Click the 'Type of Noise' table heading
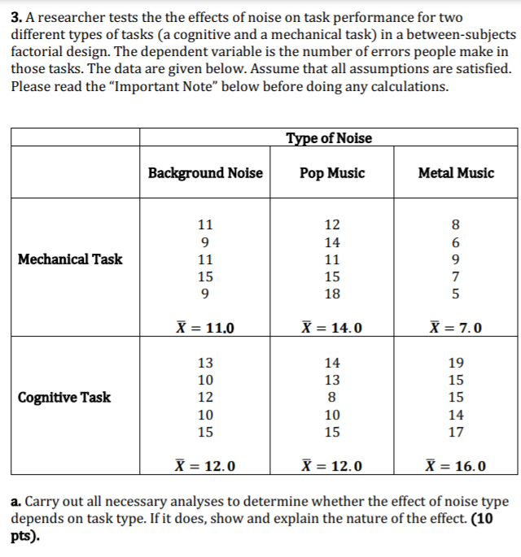tap(329, 138)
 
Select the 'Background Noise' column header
tap(205, 172)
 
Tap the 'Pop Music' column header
tap(332, 172)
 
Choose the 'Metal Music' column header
tap(455, 172)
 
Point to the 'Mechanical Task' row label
tap(70, 259)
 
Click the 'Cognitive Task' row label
tap(65, 398)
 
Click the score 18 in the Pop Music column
tap(332, 294)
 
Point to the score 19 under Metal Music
tap(456, 363)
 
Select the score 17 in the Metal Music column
tap(456, 432)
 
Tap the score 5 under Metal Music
tap(456, 294)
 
